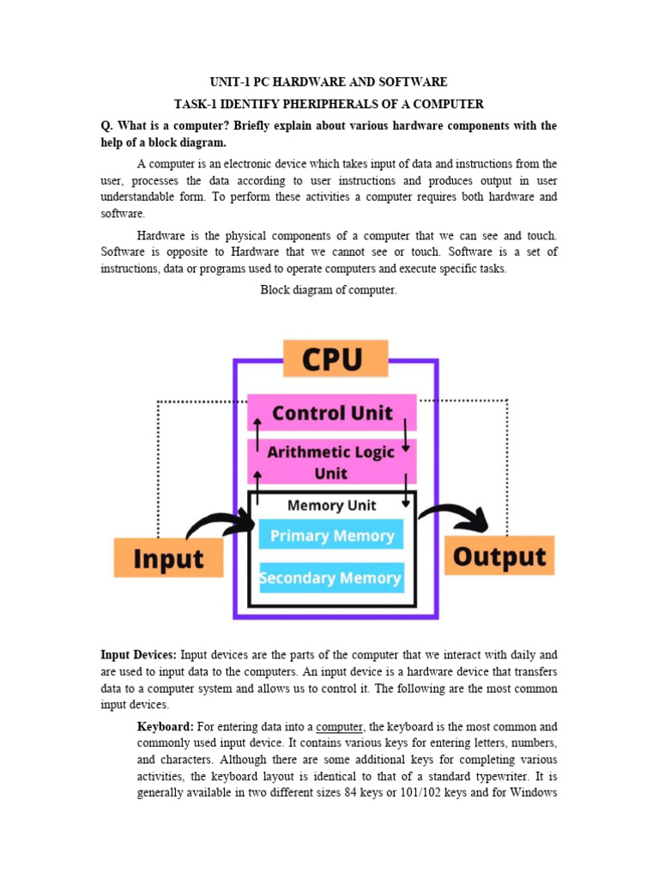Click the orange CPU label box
click(x=335, y=358)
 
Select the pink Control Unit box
click(x=332, y=413)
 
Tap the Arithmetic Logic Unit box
click(x=331, y=462)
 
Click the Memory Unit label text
click(x=331, y=506)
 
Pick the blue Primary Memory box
click(x=332, y=536)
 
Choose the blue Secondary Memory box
click(x=331, y=578)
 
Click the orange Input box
click(x=169, y=557)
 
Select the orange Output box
click(x=499, y=556)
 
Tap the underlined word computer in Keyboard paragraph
click(x=340, y=727)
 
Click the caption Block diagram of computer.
click(x=329, y=290)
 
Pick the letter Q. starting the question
click(x=107, y=126)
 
